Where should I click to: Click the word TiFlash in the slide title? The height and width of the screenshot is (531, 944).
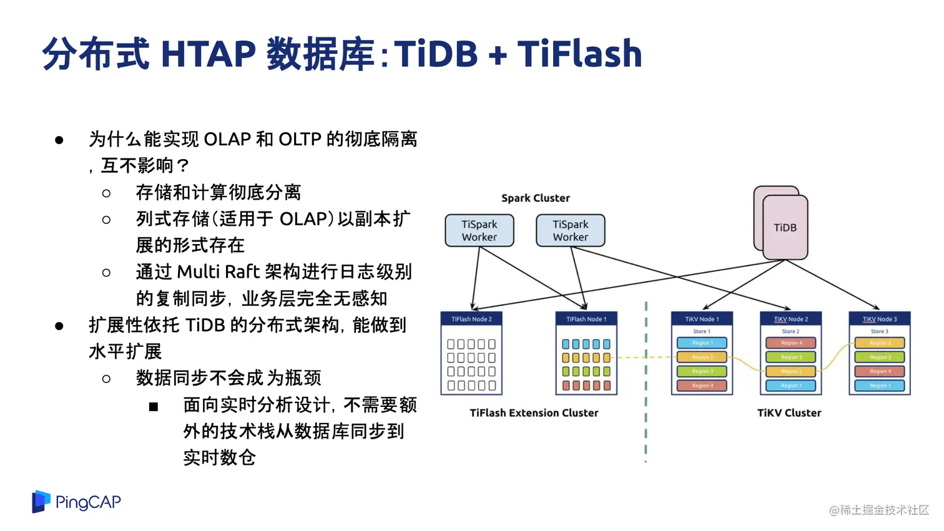click(579, 54)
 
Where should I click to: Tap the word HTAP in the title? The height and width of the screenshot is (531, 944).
click(209, 54)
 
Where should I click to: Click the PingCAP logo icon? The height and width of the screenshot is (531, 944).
click(41, 502)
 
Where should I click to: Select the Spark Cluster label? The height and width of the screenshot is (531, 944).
click(536, 198)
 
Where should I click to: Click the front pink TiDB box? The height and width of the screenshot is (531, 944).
click(785, 228)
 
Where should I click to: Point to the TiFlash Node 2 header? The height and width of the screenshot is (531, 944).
click(471, 319)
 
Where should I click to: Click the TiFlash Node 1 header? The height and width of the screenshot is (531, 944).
click(586, 319)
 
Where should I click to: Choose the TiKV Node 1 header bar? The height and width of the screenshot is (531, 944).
click(702, 319)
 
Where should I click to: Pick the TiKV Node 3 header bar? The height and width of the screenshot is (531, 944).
click(880, 319)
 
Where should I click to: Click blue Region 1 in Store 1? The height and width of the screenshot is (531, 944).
click(702, 343)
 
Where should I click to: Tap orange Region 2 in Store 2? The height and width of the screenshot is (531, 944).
click(790, 371)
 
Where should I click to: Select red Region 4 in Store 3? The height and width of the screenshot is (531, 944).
click(880, 371)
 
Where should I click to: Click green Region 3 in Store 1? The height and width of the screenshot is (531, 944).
click(702, 371)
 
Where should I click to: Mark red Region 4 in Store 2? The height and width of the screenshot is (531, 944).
click(790, 343)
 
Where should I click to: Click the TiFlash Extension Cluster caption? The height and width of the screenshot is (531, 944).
click(534, 412)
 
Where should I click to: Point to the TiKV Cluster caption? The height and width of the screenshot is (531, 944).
click(789, 412)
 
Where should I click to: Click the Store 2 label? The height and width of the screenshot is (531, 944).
click(790, 331)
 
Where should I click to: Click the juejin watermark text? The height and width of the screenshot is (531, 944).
click(878, 510)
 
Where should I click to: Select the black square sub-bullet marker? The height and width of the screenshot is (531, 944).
click(154, 407)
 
